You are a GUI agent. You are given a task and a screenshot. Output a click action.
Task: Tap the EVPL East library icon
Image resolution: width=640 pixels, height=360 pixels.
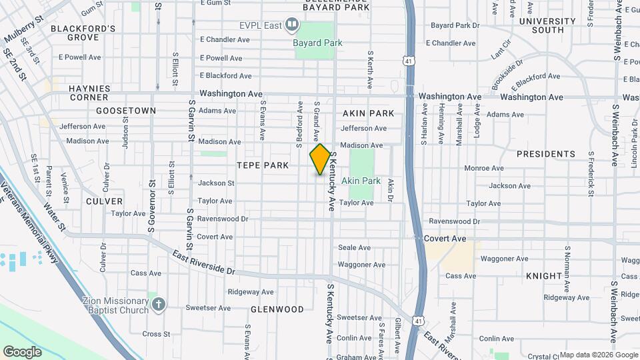(292, 25)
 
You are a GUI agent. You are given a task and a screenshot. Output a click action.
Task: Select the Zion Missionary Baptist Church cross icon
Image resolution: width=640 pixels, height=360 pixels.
(157, 305)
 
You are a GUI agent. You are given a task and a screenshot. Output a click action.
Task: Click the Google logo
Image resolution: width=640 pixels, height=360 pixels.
(22, 351)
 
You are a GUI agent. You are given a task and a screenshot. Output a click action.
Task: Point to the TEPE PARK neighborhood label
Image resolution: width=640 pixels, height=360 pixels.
(263, 165)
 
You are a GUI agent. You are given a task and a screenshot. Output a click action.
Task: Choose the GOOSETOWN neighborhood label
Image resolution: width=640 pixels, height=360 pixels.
(126, 111)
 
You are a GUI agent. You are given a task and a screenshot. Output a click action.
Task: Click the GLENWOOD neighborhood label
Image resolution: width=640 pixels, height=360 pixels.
(277, 309)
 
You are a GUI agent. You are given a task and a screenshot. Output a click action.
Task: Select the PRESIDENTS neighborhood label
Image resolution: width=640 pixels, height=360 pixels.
(545, 154)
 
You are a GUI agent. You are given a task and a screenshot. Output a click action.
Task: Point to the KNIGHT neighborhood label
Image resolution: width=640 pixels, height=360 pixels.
(543, 276)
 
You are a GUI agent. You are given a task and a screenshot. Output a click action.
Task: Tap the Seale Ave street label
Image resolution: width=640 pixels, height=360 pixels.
(354, 248)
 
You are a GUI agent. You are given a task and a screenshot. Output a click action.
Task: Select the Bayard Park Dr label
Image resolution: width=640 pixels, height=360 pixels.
(455, 25)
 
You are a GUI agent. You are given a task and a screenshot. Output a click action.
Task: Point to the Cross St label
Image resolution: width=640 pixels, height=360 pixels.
(156, 334)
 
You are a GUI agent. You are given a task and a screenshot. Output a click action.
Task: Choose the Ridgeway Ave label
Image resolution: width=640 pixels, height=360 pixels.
(251, 292)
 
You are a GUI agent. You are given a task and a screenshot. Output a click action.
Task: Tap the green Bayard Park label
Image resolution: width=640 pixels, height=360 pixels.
(318, 43)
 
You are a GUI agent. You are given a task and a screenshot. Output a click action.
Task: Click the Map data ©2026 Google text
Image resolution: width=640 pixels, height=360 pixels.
(598, 355)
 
